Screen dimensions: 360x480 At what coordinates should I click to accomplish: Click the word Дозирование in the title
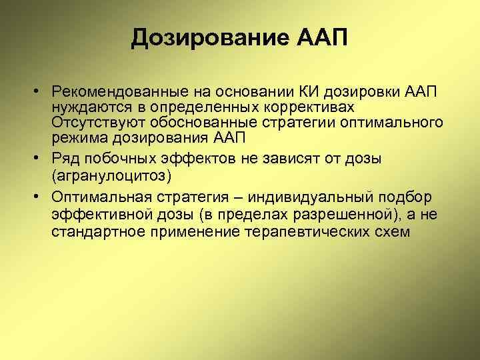[209, 38]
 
